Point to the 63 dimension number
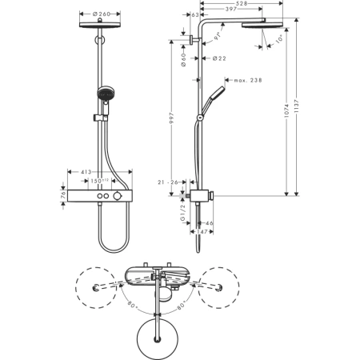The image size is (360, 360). point(196,14)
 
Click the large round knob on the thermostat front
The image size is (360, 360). point(118,196)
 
